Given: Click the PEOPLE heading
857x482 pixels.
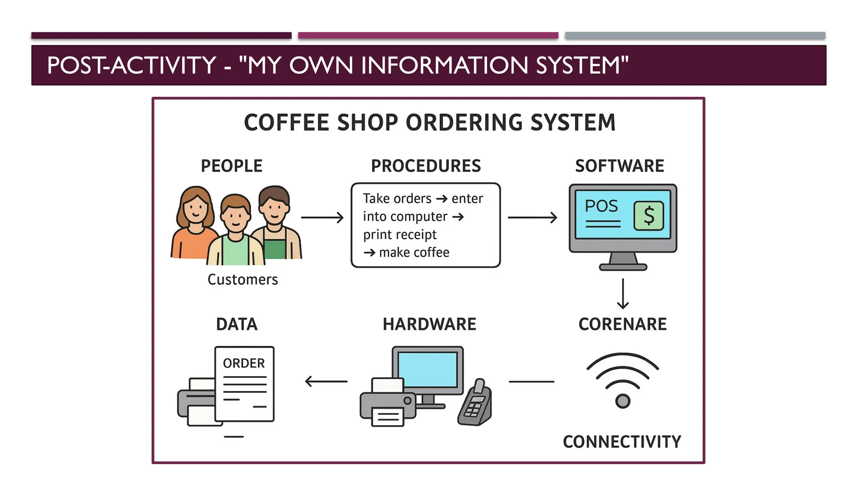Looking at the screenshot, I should click(x=231, y=166).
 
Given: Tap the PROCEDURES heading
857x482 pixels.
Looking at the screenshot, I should click(x=426, y=166).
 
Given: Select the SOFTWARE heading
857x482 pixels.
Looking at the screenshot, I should click(x=619, y=166).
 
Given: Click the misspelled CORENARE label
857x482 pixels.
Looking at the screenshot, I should click(x=622, y=324).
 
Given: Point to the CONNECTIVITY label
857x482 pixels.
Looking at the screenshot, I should click(x=622, y=442).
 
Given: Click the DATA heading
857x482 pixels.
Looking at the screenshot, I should click(x=237, y=324).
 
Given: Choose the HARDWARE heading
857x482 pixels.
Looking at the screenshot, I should click(x=429, y=324).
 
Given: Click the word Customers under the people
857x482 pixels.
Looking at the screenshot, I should click(x=243, y=279).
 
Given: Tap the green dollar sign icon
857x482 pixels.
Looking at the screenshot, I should click(x=649, y=215).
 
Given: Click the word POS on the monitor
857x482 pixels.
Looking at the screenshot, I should click(x=601, y=206).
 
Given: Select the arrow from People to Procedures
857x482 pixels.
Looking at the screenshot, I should click(x=322, y=218).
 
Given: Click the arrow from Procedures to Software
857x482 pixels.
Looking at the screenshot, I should click(x=532, y=218).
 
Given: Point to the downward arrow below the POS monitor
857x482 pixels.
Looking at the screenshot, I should click(x=623, y=294).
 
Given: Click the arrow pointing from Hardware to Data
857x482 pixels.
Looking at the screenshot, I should click(x=326, y=381).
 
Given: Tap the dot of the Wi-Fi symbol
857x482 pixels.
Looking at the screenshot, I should click(x=623, y=401).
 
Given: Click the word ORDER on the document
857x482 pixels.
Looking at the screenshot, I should click(x=244, y=363).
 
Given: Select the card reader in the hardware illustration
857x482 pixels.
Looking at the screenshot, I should click(x=475, y=404).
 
